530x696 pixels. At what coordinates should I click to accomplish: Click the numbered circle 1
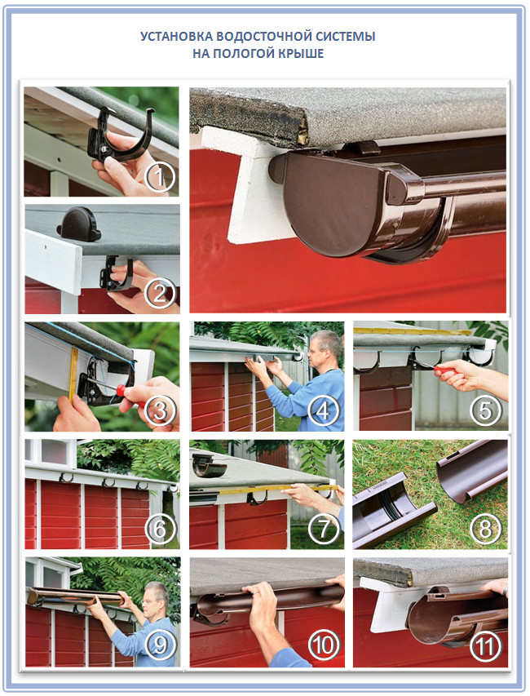coord(160,177)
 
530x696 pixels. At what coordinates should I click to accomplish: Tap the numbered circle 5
coord(485,410)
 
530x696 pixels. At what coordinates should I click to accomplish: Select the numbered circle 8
coord(484,528)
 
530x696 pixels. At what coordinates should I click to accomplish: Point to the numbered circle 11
coord(484,646)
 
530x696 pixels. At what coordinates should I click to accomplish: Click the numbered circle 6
coord(160,528)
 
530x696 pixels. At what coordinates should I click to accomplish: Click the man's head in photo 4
coord(327,345)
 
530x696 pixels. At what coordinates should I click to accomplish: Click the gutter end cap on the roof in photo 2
coord(79,224)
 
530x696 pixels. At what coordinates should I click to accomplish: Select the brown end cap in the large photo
coord(337,202)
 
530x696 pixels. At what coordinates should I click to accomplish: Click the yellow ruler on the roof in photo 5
coord(413,331)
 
